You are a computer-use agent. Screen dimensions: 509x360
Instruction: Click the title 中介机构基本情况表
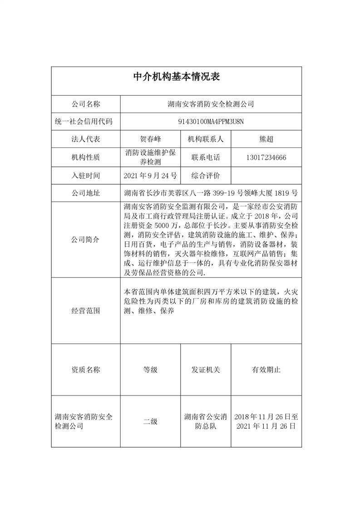[176, 77]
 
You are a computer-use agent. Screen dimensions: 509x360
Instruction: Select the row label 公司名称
[85, 104]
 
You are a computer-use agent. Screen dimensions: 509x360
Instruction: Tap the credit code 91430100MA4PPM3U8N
[211, 122]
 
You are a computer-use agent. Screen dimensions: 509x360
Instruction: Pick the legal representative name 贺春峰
[150, 139]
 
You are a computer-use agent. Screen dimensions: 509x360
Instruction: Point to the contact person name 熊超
[266, 139]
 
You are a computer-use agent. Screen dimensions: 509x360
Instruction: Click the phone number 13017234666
[266, 157]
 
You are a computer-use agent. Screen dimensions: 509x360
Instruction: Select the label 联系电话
[206, 157]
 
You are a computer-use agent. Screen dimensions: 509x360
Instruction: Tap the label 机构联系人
[206, 139]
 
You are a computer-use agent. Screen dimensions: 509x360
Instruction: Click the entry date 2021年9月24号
[150, 175]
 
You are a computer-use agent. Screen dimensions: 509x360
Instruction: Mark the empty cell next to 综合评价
[266, 175]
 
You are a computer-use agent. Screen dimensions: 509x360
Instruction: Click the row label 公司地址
[85, 193]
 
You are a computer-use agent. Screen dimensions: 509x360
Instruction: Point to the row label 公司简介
[85, 239]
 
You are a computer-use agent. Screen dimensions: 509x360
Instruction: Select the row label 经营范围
[85, 311]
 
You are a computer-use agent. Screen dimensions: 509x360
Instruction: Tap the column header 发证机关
[206, 370]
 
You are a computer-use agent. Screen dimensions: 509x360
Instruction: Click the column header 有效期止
[266, 370]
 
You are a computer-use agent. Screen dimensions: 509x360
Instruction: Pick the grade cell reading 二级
[150, 421]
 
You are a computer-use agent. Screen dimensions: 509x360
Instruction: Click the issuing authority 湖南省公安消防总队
[206, 421]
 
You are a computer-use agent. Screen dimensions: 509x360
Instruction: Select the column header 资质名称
[85, 370]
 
